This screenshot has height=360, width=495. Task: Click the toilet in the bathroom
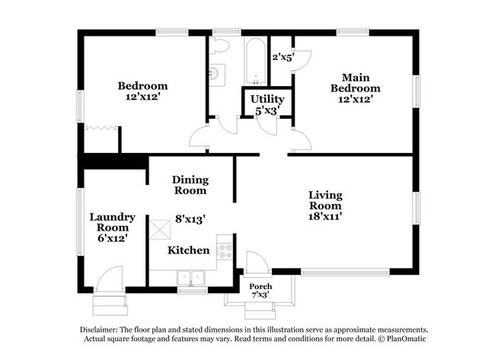(x=220, y=46)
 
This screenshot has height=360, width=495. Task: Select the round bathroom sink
(x=216, y=73)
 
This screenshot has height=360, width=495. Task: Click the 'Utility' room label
(x=267, y=99)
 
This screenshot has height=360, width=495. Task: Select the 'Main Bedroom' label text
(x=355, y=83)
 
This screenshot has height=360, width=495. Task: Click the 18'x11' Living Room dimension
(x=324, y=217)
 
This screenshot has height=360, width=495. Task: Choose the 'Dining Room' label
(x=190, y=185)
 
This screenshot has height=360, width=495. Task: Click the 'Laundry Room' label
(x=112, y=221)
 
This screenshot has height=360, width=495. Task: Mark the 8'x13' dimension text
(x=190, y=218)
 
